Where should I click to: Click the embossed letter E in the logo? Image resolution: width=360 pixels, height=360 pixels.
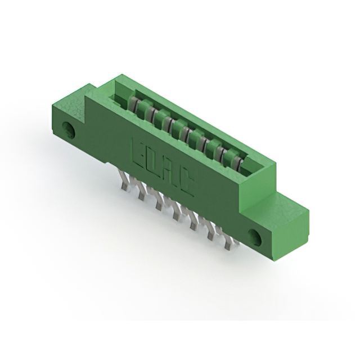coord(137,150)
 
